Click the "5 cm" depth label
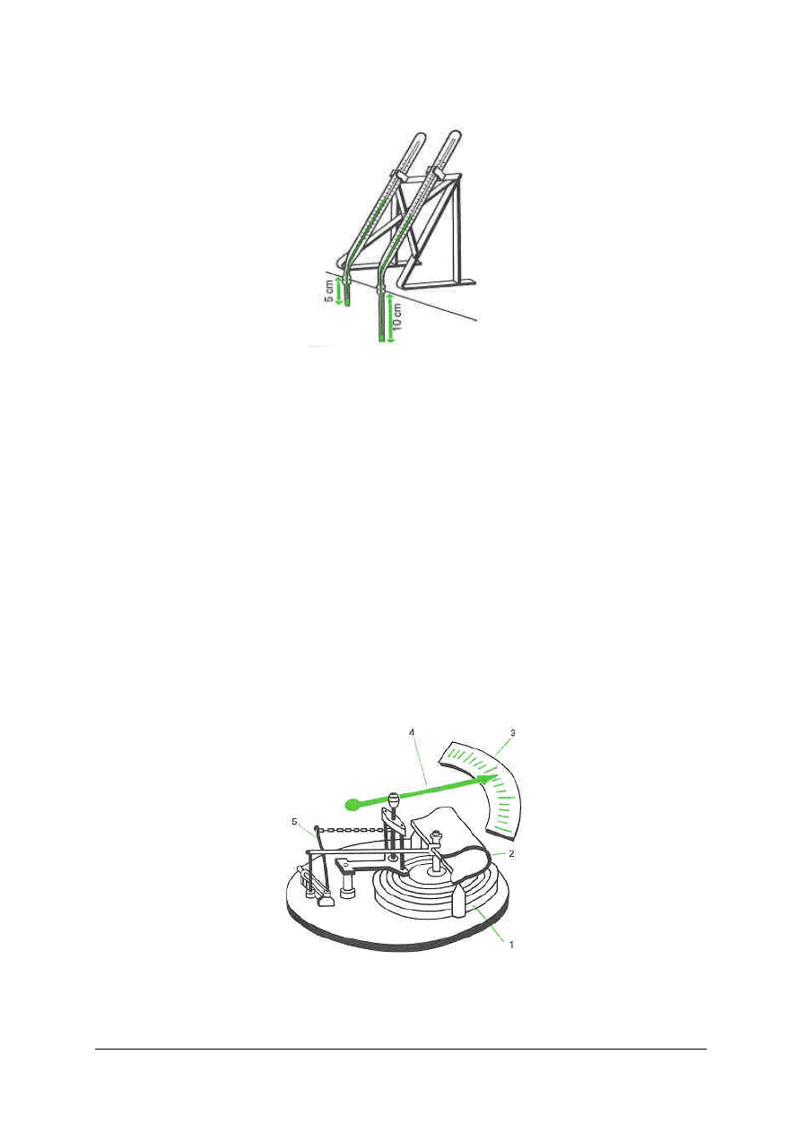[330, 291]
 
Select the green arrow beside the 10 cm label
[389, 319]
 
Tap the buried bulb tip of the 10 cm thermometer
[381, 341]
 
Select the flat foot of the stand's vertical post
[457, 280]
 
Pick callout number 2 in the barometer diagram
[512, 853]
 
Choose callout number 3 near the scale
[512, 733]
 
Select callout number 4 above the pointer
[413, 731]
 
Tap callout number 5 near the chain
[295, 822]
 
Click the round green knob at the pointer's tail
[352, 804]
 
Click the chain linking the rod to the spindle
[351, 830]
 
